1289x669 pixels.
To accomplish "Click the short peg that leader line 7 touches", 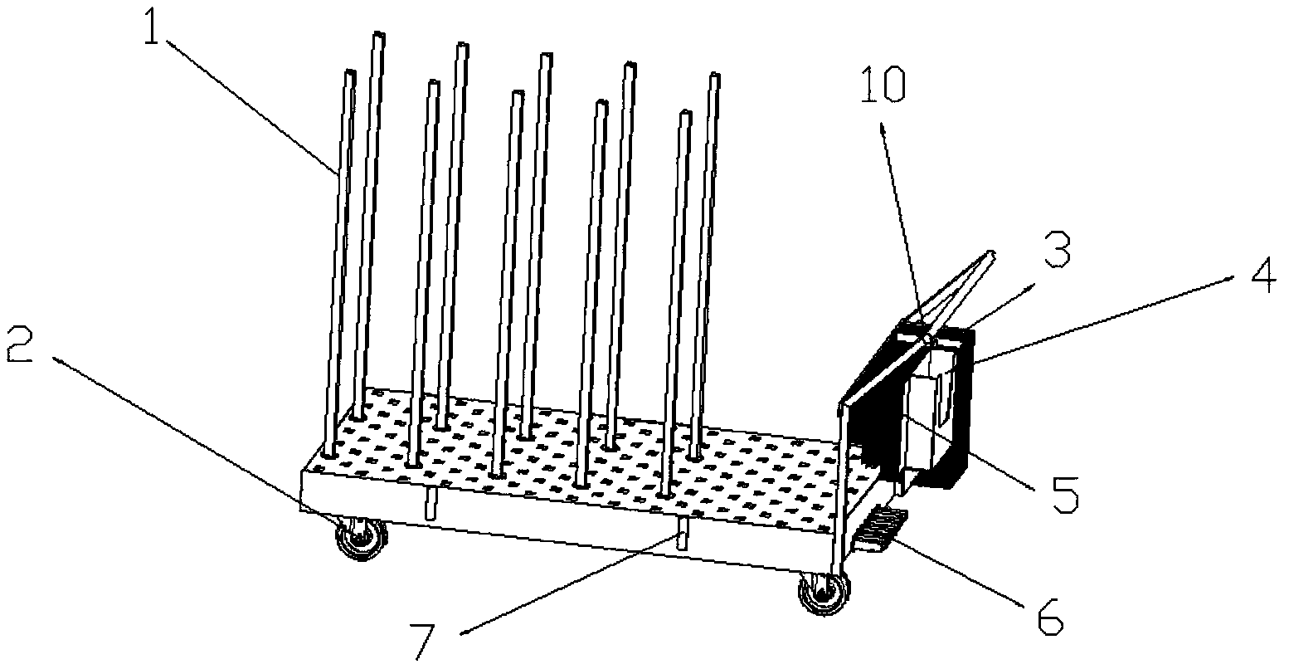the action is tap(683, 533).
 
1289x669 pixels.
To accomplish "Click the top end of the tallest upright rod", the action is tap(378, 36).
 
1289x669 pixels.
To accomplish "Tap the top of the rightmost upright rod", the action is tap(714, 77).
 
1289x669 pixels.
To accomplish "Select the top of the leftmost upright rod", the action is tap(348, 73).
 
